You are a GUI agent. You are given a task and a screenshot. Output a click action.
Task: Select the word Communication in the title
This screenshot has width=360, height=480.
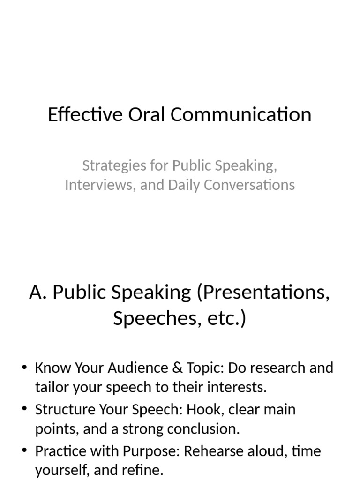point(241,115)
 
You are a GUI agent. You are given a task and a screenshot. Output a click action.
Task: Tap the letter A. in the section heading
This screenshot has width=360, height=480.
point(38,292)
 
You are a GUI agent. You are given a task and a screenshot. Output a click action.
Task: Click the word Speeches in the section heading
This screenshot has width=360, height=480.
point(149,319)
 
